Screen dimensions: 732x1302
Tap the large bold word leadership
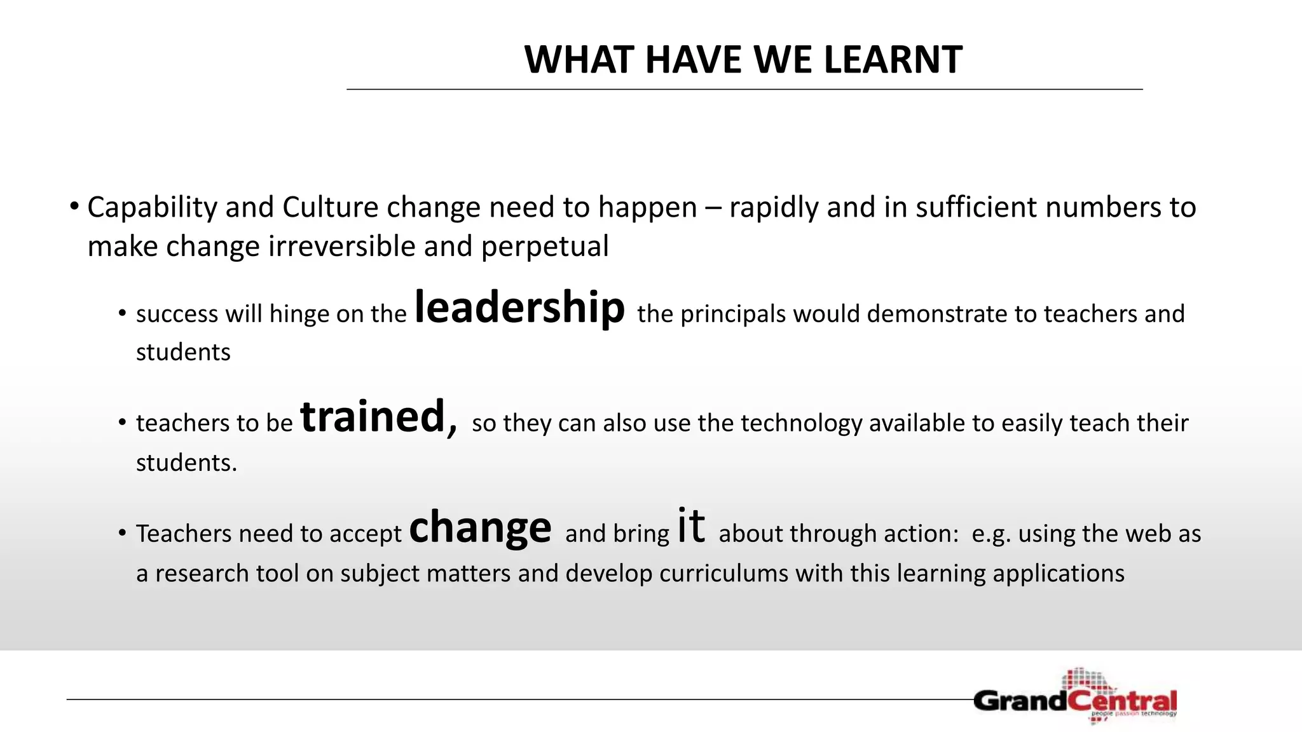pyautogui.click(x=519, y=308)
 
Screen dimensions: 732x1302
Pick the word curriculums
pyautogui.click(x=723, y=574)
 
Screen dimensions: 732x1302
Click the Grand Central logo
pyautogui.click(x=1075, y=698)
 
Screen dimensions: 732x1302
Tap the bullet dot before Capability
pyautogui.click(x=74, y=207)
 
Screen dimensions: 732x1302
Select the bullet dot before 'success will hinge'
pyautogui.click(x=122, y=314)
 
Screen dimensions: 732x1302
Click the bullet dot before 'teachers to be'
pyautogui.click(x=122, y=423)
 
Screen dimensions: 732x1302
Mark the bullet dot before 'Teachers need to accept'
pyautogui.click(x=122, y=533)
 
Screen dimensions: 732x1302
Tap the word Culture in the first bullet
pyautogui.click(x=331, y=208)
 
